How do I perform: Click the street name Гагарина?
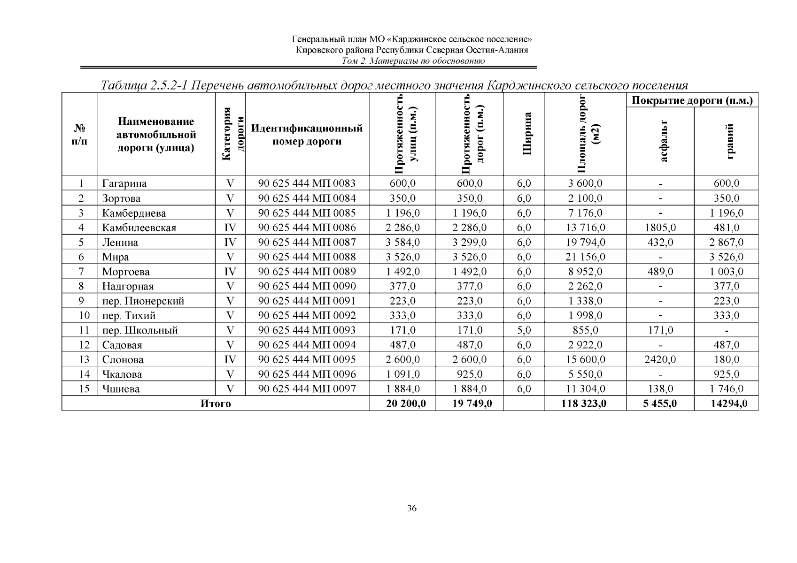124,183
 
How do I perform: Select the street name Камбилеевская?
139,228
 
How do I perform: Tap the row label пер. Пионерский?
143,301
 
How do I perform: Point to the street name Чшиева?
121,389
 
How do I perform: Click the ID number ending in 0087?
307,242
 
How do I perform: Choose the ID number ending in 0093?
307,330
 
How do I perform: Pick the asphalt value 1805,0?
660,228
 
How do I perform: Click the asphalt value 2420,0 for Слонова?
660,360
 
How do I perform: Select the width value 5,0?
524,330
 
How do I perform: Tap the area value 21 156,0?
585,257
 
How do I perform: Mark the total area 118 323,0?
585,403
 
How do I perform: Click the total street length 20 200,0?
402,403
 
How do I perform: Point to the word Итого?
216,403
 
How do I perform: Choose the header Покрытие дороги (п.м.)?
692,100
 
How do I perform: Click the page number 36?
412,509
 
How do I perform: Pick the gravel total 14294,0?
726,403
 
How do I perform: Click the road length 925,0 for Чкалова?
470,374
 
